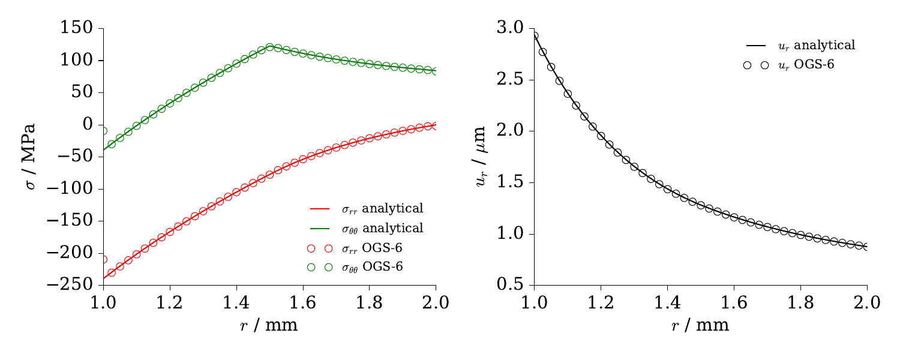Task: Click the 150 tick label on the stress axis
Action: point(77,28)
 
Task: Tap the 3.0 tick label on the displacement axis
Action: point(509,28)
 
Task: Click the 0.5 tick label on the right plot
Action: point(509,285)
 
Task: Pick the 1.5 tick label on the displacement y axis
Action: point(509,182)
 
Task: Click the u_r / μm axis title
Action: point(481,157)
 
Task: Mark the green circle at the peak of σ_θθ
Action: point(269,47)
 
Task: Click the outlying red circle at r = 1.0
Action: point(104,259)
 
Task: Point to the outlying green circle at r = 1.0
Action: point(104,131)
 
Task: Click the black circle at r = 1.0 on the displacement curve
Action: point(534,36)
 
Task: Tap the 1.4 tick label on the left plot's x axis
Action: point(236,302)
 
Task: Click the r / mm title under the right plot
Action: point(700,326)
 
